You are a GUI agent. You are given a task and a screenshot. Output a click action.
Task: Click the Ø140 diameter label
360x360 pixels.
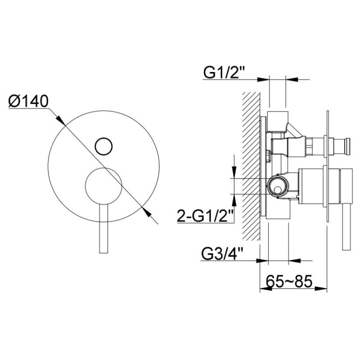[28, 101]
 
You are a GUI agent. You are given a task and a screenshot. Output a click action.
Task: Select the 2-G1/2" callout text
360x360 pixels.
[206, 216]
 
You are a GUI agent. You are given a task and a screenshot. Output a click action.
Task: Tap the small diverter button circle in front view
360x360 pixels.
[103, 146]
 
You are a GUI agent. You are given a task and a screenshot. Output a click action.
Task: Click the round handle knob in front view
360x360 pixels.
[103, 186]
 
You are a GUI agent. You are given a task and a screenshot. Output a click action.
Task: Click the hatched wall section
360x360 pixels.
[251, 166]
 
